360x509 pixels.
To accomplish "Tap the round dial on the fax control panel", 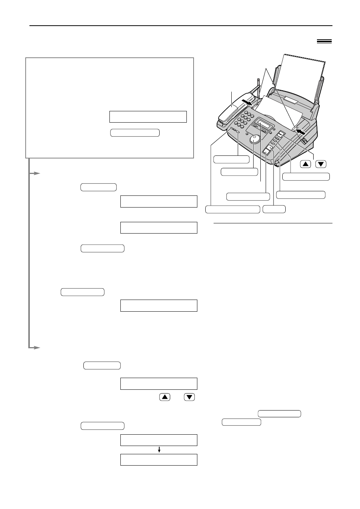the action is point(255,139).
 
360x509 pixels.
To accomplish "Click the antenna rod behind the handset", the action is point(258,86).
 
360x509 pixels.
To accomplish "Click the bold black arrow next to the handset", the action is point(248,102).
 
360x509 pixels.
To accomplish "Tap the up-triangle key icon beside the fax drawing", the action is point(306,164).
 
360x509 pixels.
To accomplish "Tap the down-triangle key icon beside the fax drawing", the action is point(321,164).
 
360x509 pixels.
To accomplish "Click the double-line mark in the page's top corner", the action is point(324,42).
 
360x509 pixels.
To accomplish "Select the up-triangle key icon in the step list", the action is point(165,397).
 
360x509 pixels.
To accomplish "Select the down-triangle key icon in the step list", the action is point(189,397).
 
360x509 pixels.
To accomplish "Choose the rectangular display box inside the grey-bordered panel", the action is point(148,117).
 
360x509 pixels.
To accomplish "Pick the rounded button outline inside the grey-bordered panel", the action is point(135,132).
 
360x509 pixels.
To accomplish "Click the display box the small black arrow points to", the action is point(158,460).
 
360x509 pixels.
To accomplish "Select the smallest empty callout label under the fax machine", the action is point(274,209).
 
